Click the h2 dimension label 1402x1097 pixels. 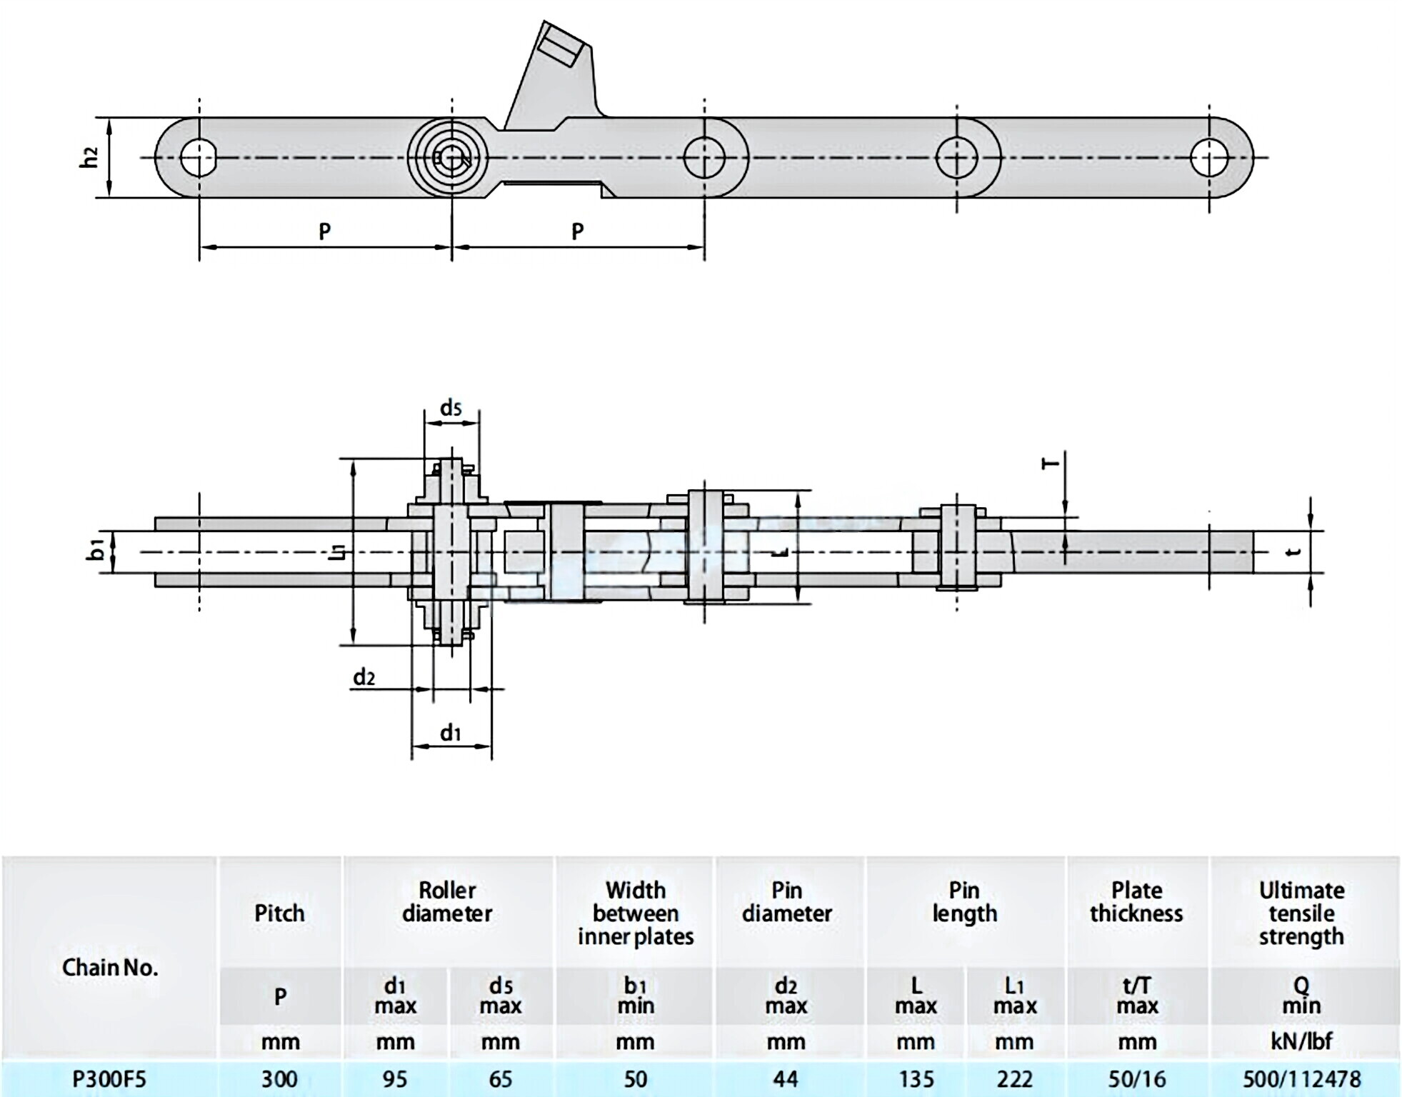click(89, 157)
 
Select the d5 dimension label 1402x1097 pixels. click(451, 408)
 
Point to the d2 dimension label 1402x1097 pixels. click(364, 677)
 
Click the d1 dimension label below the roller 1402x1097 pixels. click(451, 733)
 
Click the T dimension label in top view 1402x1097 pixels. click(1051, 464)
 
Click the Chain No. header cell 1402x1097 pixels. click(110, 967)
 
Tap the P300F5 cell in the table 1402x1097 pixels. click(109, 1078)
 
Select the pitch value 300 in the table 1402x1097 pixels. click(279, 1078)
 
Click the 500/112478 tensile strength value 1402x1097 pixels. click(1301, 1078)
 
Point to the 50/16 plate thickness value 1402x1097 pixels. click(1136, 1078)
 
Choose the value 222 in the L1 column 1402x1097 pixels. click(1014, 1078)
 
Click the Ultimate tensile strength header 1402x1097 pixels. click(1301, 913)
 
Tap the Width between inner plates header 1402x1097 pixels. click(636, 913)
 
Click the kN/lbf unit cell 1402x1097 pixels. click(1301, 1041)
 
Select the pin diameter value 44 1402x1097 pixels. click(786, 1078)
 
